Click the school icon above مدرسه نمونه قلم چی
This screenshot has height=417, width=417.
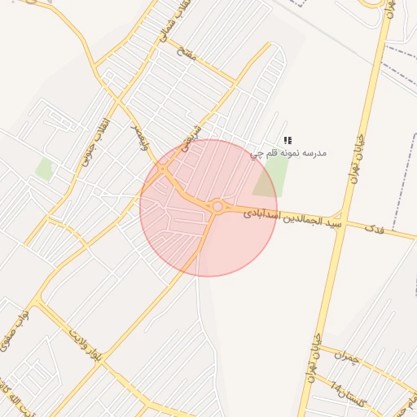coord(287,141)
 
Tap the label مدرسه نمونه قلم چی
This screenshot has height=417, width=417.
coord(288,152)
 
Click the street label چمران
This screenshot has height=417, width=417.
coord(346,356)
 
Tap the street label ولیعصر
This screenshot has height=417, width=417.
coord(139,135)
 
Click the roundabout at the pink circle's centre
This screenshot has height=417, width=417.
coord(217,208)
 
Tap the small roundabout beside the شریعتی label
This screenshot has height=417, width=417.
coord(163,169)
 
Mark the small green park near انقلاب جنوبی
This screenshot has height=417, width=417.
coord(44,169)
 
